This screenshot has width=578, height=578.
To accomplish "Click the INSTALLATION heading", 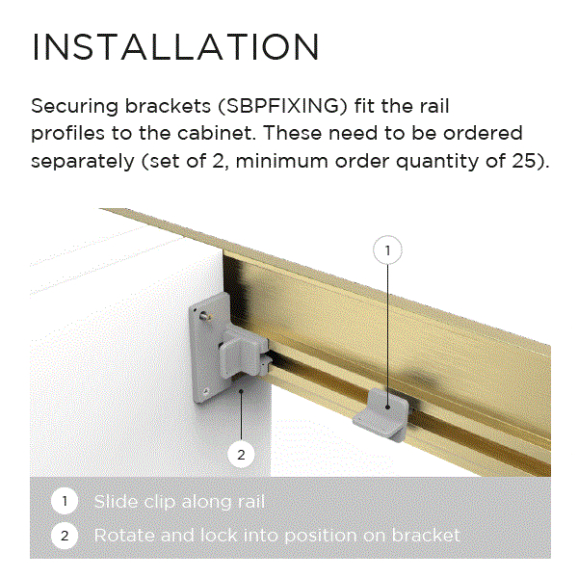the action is [x=175, y=46].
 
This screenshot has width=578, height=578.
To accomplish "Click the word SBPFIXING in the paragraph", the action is [x=282, y=107].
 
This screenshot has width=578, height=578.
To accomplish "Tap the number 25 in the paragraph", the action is [x=523, y=161].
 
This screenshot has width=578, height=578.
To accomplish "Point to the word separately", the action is [x=83, y=162].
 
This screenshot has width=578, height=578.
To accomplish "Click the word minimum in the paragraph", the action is [x=281, y=161].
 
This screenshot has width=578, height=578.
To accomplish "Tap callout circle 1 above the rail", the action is [x=387, y=250].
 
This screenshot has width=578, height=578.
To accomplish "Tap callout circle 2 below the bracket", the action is [x=241, y=455].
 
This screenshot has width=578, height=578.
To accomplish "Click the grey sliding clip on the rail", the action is [x=381, y=414].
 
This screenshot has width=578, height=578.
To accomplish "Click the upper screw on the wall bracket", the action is [x=204, y=316].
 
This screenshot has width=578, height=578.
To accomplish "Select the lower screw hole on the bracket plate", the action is [x=206, y=391].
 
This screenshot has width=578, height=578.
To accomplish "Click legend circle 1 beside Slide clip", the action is [x=65, y=501].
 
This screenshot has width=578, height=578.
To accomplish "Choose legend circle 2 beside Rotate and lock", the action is [x=65, y=536].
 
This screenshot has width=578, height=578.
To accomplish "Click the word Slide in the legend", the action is [x=116, y=501].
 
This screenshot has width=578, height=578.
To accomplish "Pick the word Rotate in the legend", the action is [x=125, y=536].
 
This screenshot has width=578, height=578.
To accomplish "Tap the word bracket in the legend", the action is [x=426, y=536].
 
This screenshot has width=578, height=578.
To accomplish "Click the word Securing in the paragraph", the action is [x=75, y=107].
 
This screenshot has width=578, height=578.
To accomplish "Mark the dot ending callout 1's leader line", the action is [x=387, y=407].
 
